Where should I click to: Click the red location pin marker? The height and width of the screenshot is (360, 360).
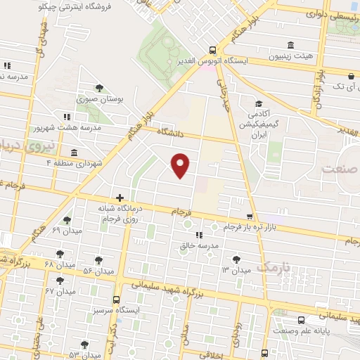181,164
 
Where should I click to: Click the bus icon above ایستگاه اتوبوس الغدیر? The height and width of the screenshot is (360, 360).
212,50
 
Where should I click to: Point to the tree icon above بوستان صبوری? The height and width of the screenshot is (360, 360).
98,88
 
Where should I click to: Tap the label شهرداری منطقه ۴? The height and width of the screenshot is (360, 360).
73,162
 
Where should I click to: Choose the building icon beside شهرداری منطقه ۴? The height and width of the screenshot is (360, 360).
74,153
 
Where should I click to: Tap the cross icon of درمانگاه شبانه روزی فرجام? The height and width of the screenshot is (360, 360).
120,198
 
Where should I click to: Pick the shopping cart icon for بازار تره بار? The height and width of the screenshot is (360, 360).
250,217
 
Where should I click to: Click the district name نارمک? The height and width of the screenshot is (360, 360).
273,267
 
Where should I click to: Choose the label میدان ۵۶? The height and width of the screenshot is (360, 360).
98,271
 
